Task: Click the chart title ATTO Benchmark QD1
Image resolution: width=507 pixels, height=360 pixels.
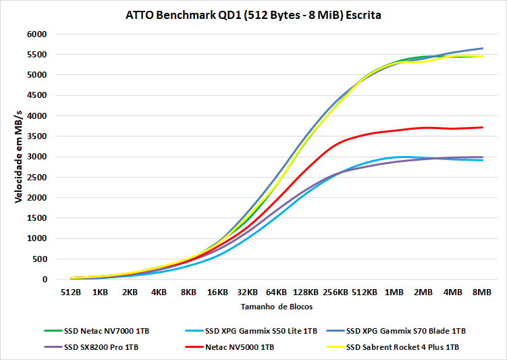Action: [x=253, y=14]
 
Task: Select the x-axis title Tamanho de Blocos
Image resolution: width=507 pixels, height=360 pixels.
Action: [x=275, y=307]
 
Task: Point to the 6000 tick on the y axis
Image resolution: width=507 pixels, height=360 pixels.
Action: [x=36, y=34]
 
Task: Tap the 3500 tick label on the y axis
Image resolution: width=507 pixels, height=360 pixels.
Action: [x=36, y=136]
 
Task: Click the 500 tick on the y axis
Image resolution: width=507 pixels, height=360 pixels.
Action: [x=39, y=259]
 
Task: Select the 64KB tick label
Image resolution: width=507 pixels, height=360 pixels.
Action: [x=276, y=293]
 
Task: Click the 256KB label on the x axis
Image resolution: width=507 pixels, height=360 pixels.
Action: [x=335, y=293]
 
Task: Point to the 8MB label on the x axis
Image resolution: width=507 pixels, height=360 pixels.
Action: [x=482, y=293]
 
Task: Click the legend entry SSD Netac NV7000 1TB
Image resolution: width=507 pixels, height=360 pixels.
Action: [x=107, y=331]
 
